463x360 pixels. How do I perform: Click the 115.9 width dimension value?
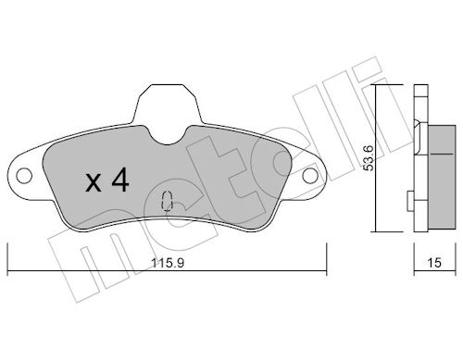point(168,263)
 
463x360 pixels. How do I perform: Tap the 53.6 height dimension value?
point(369,157)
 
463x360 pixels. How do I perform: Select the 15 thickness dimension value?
point(434,263)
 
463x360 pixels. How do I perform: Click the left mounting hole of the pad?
point(24,176)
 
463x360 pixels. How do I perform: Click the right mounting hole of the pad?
point(310,176)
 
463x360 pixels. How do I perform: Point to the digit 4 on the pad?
point(120,180)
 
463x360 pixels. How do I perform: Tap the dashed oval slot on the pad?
point(167,201)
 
